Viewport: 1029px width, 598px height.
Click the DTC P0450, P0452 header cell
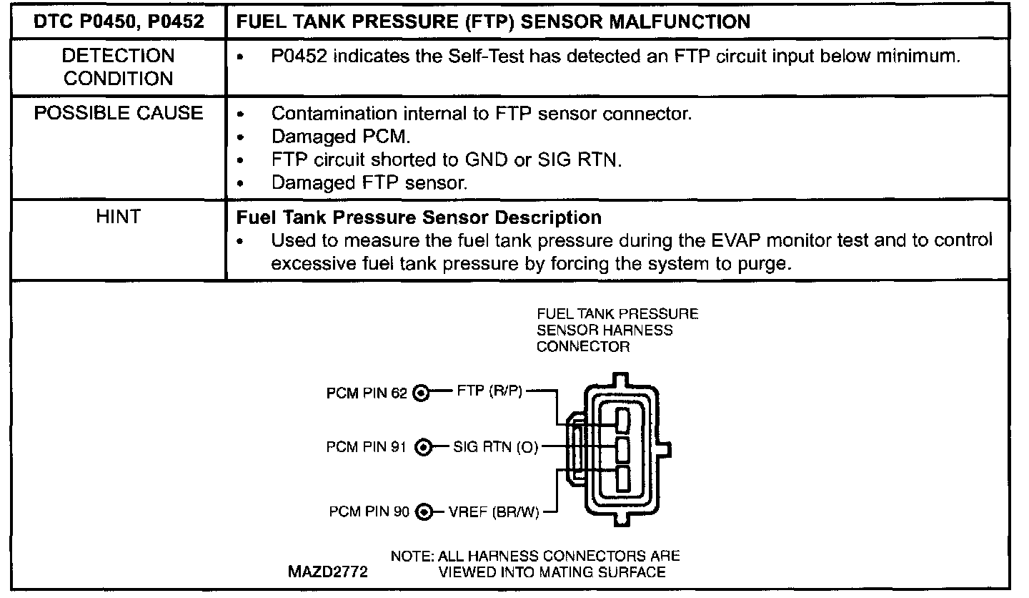(x=118, y=21)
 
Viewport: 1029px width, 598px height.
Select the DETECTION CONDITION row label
(x=118, y=67)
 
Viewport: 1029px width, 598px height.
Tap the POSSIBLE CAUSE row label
(x=118, y=114)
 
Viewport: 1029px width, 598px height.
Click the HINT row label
(x=118, y=216)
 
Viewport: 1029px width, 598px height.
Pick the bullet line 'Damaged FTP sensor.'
(x=369, y=182)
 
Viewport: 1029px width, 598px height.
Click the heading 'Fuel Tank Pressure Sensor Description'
(x=419, y=217)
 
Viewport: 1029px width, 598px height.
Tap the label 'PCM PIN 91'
(x=367, y=448)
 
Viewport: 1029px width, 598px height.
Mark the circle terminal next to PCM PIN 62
(x=422, y=393)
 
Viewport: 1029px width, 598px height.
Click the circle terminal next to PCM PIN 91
(x=424, y=448)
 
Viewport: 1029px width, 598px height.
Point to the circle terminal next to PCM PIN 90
(x=425, y=512)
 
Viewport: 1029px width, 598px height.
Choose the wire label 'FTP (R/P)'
(x=489, y=392)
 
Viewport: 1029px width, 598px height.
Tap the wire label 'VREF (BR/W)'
(x=494, y=512)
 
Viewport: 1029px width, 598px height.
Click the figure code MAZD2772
(x=328, y=572)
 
